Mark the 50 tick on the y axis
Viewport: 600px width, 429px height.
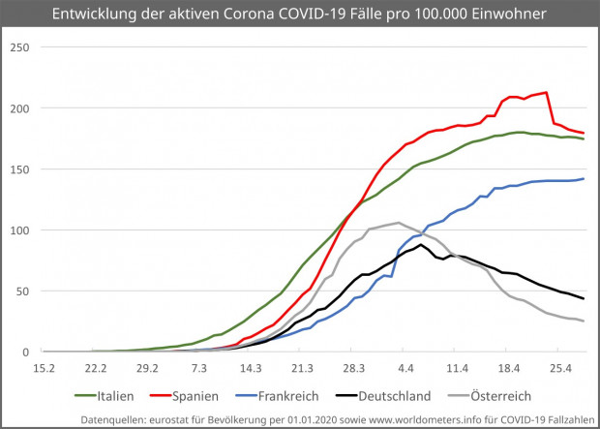[x=25, y=291]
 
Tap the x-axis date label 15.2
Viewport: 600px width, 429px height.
[x=44, y=368]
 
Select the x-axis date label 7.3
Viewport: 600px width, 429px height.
[x=199, y=368]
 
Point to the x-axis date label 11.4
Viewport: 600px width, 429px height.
[x=457, y=368]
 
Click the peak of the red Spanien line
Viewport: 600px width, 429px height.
[x=547, y=92]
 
